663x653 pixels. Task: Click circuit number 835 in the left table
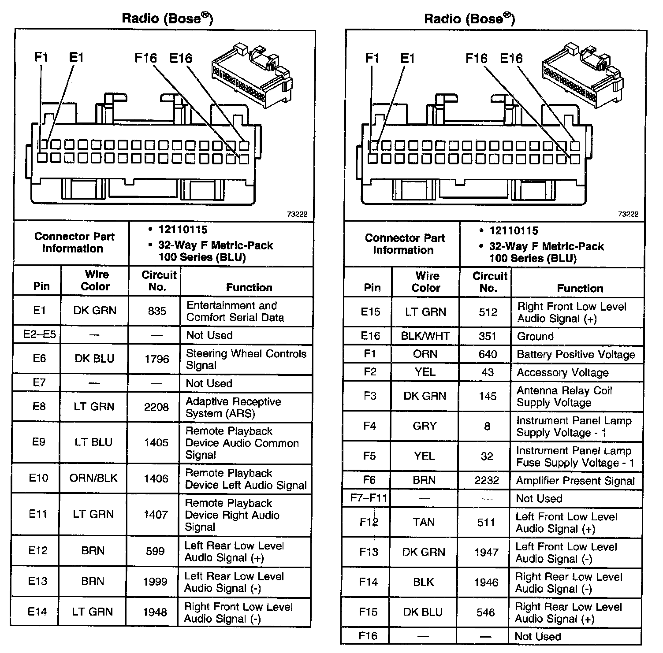157,311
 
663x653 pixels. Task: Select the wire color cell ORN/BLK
93,478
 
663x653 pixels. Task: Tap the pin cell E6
39,359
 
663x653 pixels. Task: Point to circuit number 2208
156,407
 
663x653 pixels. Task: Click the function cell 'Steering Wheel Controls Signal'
246,359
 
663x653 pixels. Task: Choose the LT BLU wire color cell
93,442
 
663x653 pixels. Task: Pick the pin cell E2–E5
39,335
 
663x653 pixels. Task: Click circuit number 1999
155,582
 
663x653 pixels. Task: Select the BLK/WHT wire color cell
425,336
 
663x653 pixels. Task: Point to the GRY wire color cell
425,426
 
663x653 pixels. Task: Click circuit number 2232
487,480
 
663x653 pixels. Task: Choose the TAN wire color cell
424,522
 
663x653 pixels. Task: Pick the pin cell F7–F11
369,498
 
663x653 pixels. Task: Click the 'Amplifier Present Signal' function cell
575,481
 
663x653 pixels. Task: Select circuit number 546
486,612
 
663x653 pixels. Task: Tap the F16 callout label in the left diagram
145,58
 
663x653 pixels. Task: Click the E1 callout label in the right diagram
407,58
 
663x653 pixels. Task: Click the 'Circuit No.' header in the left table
158,281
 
